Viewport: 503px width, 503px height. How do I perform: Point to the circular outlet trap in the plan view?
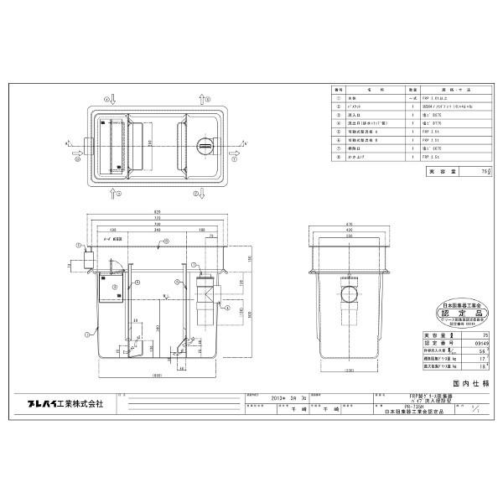pyautogui.click(x=205, y=147)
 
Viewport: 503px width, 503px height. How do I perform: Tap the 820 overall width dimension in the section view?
pyautogui.click(x=158, y=210)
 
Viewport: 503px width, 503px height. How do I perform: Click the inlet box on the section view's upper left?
pyautogui.click(x=85, y=263)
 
